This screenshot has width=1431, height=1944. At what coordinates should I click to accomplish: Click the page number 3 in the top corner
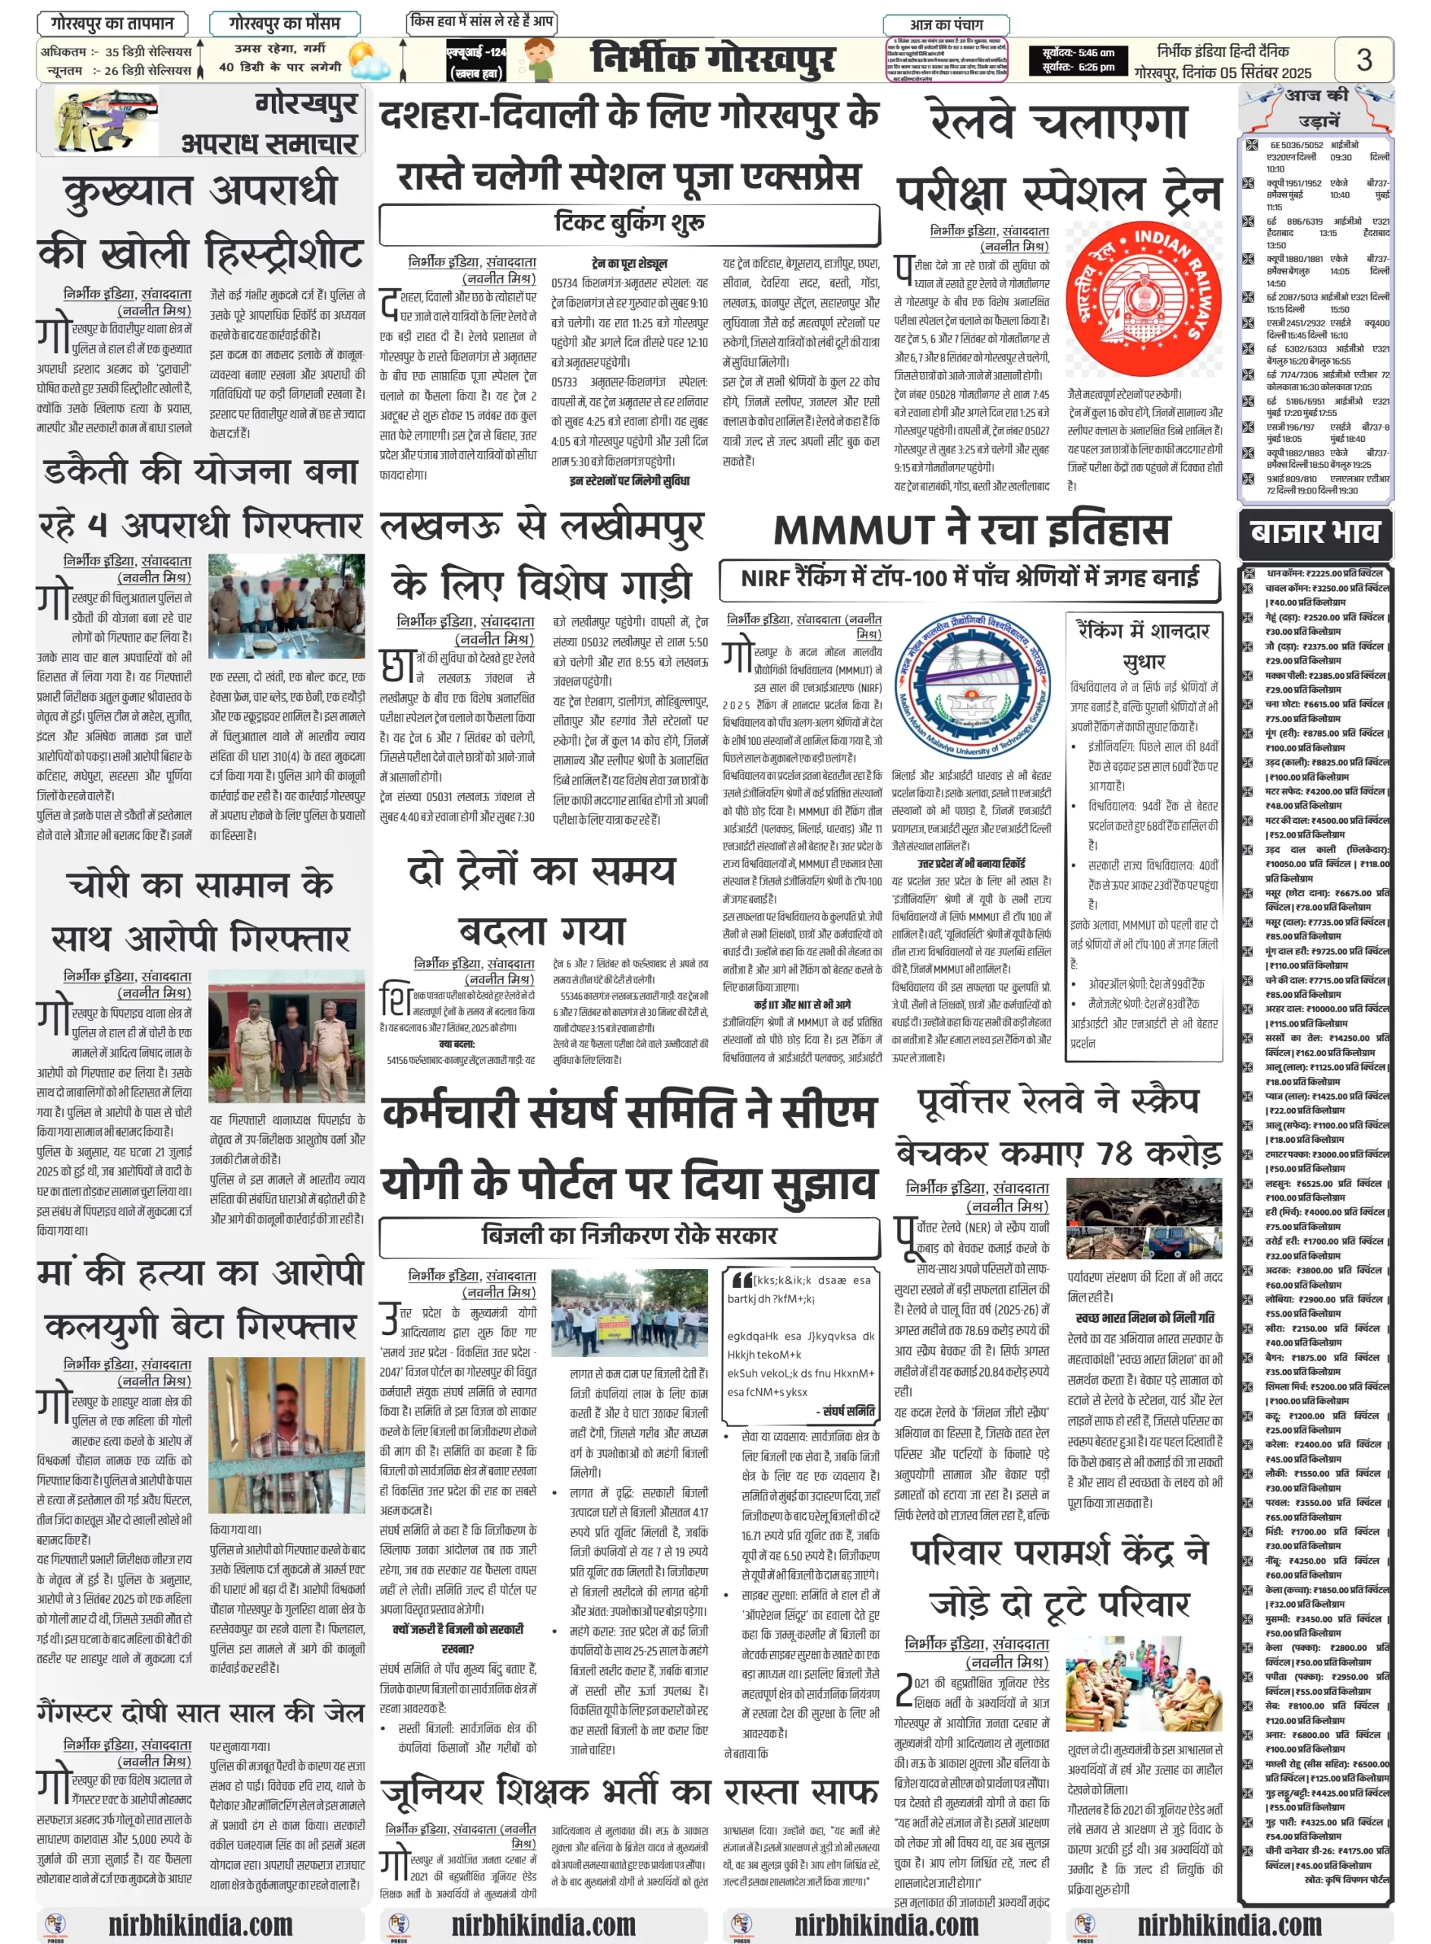click(x=1363, y=60)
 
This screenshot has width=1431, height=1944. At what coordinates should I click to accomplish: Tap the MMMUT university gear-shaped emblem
click(x=975, y=689)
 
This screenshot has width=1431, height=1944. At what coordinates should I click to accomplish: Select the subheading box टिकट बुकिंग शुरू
click(x=630, y=223)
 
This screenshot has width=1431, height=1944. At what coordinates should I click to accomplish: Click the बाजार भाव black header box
click(x=1314, y=531)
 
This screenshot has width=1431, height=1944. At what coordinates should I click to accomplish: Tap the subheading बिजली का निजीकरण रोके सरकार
click(x=630, y=1235)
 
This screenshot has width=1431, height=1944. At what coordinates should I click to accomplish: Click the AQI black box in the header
click(x=475, y=61)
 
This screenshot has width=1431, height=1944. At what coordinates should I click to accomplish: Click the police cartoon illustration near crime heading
click(x=106, y=122)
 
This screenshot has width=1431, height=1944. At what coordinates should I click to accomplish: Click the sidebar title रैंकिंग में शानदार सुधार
click(x=1143, y=646)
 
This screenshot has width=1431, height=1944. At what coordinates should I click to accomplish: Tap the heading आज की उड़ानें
click(x=1316, y=107)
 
